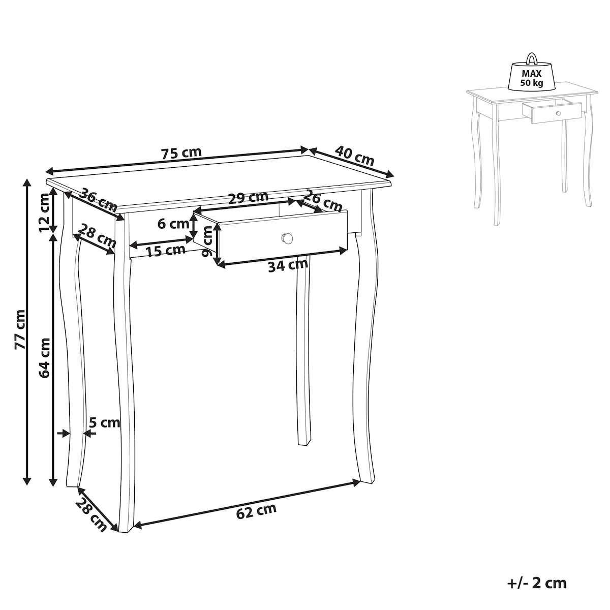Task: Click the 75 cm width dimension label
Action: click(181, 153)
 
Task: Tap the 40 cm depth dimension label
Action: click(354, 156)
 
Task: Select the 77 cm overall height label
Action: click(20, 329)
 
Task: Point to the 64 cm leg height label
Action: click(44, 358)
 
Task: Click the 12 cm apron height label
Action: click(44, 212)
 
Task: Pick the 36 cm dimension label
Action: click(98, 200)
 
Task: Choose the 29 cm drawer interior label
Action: click(248, 198)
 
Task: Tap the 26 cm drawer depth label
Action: click(323, 201)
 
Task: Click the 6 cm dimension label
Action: click(173, 224)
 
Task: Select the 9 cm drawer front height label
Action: click(208, 241)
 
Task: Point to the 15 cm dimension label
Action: click(166, 251)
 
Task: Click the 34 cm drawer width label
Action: click(288, 265)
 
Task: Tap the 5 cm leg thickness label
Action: click(105, 422)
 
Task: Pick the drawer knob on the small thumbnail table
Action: click(558, 113)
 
